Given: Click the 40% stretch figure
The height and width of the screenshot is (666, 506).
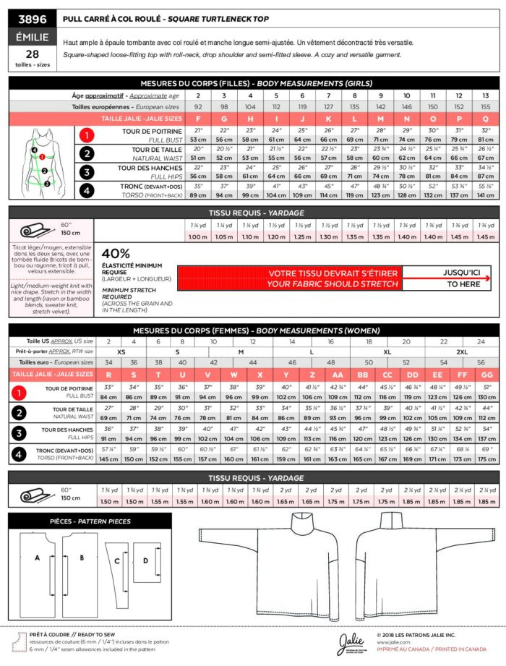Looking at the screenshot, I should pos(116,254).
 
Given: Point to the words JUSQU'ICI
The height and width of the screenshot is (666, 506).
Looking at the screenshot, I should pos(447,273).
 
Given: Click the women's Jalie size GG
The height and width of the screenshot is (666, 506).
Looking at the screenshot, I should pos(487,375).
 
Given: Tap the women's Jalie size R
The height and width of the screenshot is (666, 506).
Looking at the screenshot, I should pos(108,375).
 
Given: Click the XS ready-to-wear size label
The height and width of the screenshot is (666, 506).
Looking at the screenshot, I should pos(121,351).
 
